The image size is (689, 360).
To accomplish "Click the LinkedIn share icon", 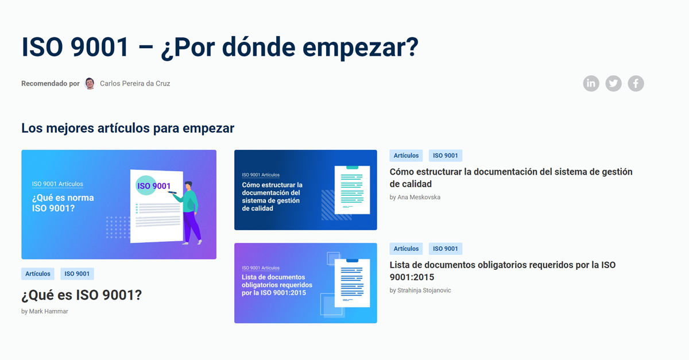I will [x=591, y=83].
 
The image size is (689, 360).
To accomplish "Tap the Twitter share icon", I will [x=613, y=83].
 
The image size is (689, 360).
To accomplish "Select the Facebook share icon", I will [x=636, y=83].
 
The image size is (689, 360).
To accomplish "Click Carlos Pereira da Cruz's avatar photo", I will [x=90, y=83].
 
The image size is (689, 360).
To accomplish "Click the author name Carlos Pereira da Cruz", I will [x=135, y=83].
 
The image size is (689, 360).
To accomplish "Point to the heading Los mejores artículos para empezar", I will [x=127, y=128].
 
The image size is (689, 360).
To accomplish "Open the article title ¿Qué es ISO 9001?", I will [x=81, y=295].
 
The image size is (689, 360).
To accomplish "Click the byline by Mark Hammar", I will [x=44, y=311].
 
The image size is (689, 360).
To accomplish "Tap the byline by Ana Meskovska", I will [x=415, y=197].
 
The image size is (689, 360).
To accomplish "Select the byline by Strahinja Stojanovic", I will [x=420, y=290].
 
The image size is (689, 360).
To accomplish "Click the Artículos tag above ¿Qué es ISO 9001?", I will [x=38, y=274].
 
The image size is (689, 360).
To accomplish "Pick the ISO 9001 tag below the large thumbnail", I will [x=77, y=274].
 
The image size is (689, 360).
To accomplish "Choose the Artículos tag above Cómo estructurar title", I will [x=406, y=156].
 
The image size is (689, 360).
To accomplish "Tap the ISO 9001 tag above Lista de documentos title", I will [x=446, y=249].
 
